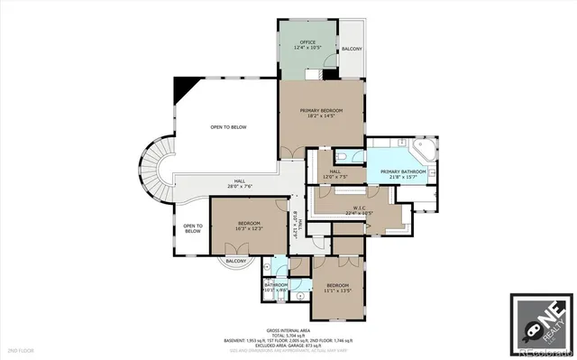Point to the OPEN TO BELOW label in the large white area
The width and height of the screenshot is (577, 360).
coord(228,127)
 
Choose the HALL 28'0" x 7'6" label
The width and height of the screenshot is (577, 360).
coord(240,184)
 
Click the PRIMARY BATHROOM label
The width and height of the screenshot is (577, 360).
coord(403,174)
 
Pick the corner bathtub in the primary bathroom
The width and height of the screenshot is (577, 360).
coord(422,150)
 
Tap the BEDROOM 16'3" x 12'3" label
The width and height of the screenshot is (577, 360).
coord(249,226)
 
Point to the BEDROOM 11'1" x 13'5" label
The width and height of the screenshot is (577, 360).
coord(340,289)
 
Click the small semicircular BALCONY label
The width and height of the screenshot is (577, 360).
coord(236,261)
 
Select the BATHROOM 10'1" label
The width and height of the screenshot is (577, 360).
coord(275,287)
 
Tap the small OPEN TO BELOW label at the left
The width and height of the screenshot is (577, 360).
coord(192,229)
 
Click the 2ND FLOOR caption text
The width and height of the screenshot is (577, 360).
coord(20,348)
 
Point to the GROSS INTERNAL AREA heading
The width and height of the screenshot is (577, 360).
coord(288,329)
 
